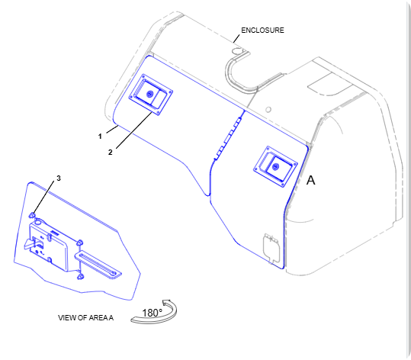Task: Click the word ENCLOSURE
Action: (262, 31)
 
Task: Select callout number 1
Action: (100, 137)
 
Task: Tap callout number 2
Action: (110, 152)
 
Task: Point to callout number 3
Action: (59, 178)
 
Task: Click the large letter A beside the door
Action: (311, 181)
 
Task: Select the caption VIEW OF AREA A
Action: (85, 318)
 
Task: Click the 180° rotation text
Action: (152, 313)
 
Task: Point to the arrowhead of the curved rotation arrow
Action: (166, 303)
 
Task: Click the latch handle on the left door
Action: (150, 95)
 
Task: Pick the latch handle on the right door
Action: (275, 167)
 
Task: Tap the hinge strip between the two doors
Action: (227, 138)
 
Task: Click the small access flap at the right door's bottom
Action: (271, 248)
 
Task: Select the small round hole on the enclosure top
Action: (268, 109)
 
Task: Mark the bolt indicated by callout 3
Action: (32, 216)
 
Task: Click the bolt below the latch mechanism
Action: (81, 276)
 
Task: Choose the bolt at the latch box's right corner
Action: (79, 243)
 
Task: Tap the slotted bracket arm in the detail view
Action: (98, 265)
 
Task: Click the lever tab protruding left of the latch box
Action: (29, 244)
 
